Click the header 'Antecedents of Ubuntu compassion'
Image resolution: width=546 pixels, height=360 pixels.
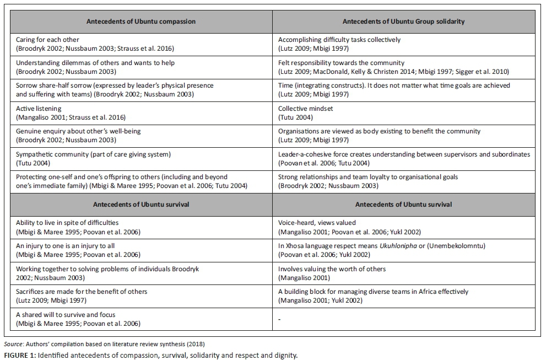click(141, 22)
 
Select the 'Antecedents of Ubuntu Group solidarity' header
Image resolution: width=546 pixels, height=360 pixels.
click(403, 22)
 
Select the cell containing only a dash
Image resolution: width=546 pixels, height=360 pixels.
click(280, 319)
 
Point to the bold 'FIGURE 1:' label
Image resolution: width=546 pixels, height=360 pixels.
click(20, 354)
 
